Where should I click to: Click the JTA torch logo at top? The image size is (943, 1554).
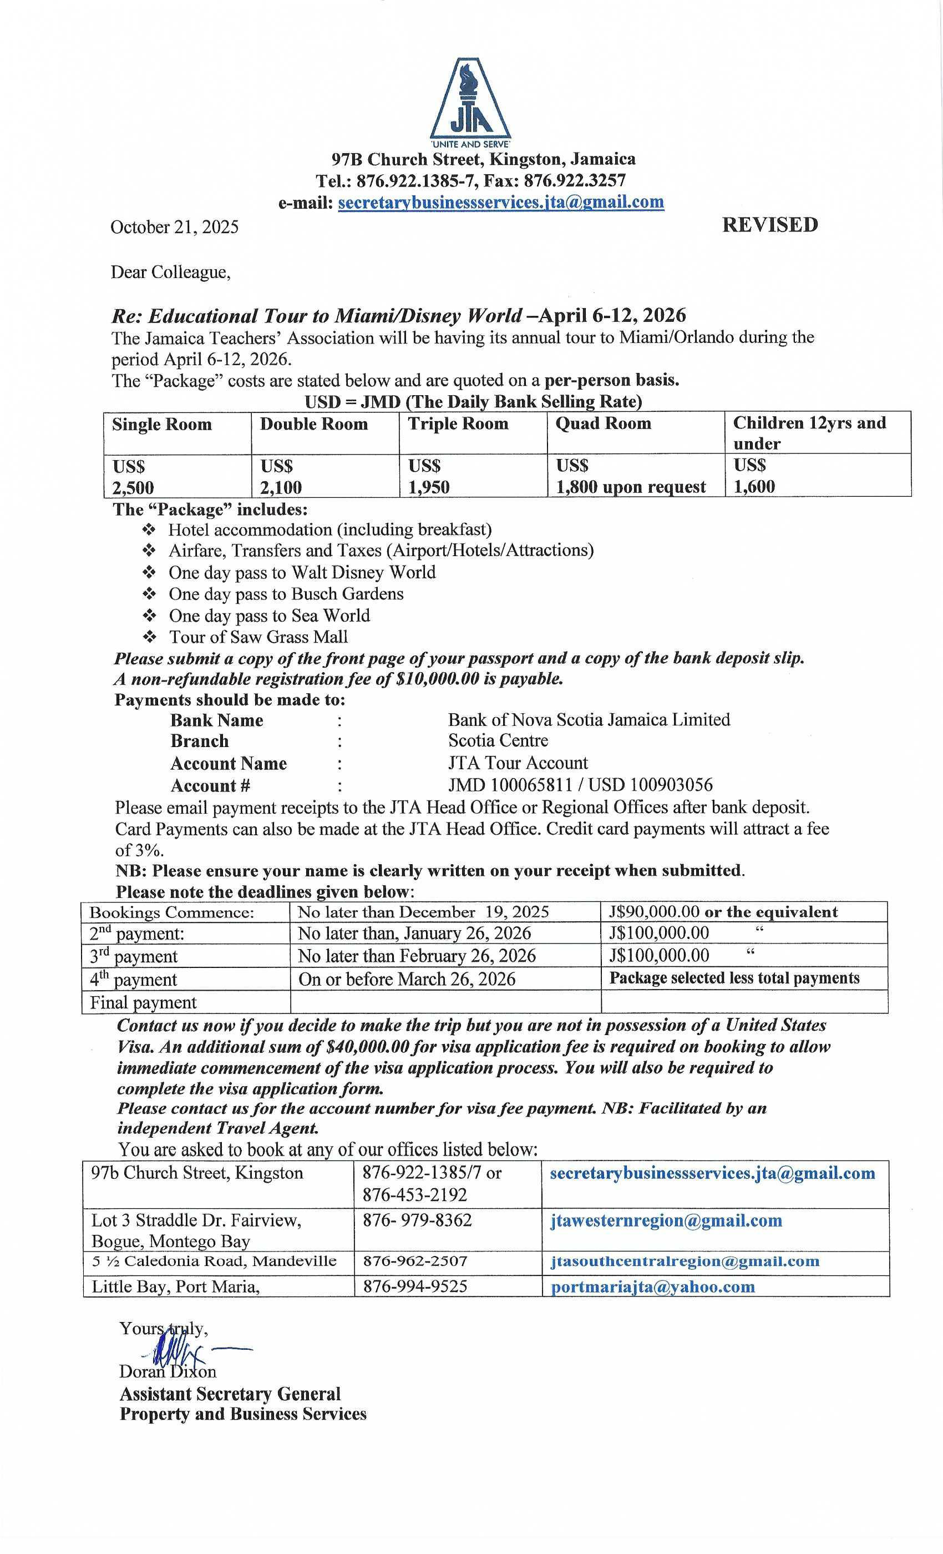pos(470,101)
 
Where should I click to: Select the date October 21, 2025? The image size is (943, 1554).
pos(175,227)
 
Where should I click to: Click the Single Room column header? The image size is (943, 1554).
pos(162,425)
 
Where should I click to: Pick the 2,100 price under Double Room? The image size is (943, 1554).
pos(281,487)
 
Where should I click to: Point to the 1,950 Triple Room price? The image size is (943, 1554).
pos(429,487)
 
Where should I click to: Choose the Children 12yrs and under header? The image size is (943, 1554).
pos(809,433)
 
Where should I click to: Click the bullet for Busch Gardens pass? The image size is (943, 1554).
pos(149,594)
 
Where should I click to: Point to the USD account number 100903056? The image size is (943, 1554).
pos(671,785)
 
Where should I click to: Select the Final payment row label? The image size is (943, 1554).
pos(143,1003)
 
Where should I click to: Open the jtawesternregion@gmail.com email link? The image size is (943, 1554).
pos(666,1220)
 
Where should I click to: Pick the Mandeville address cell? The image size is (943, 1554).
pos(214,1262)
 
